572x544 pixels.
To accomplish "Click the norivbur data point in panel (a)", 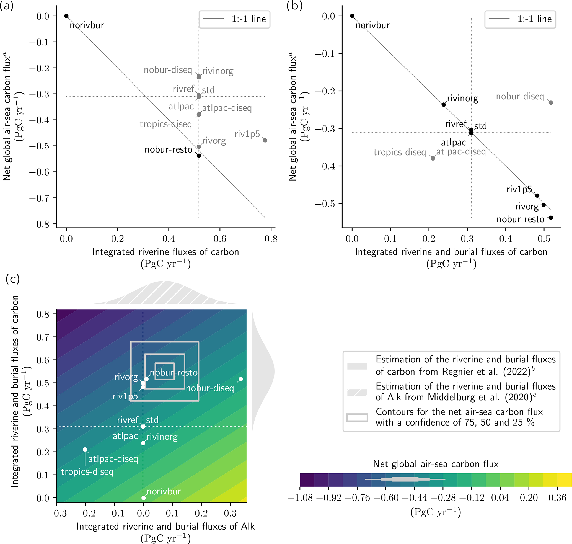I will point(66,16).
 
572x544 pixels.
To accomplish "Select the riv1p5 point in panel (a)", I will point(265,140).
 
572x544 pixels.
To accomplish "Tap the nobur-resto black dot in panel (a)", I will point(199,156).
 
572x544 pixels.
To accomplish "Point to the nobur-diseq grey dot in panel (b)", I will point(551,103).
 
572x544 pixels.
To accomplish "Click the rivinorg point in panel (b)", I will point(444,105).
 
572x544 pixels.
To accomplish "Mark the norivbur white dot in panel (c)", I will point(144,498).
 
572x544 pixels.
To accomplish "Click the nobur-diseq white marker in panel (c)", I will point(241,379).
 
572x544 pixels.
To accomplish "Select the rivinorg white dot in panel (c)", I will point(143,443).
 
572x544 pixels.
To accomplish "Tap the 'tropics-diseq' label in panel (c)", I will point(87,472).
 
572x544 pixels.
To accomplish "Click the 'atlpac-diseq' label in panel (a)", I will point(227,108).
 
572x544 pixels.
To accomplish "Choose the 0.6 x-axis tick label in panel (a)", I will point(220,239).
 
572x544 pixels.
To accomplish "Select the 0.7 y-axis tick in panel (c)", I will point(43,337).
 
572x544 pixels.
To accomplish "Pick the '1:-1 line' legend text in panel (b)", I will point(535,19).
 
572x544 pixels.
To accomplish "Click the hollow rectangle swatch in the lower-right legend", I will point(357,417).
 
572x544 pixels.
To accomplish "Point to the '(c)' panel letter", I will point(13,279).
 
